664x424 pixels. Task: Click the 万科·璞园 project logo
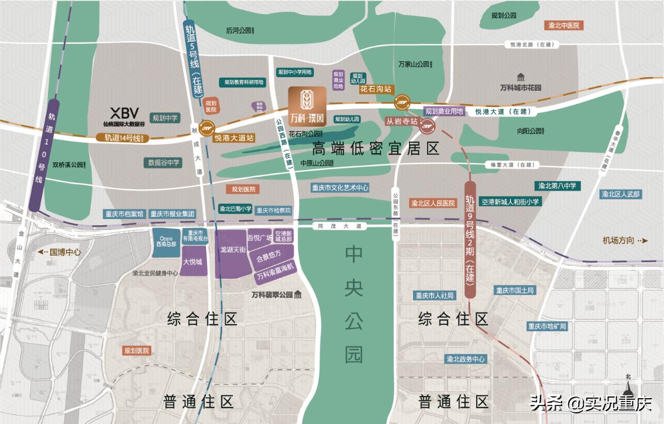tap(307, 105)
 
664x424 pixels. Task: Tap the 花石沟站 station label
tap(376, 89)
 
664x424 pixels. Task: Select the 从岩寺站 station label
tap(402, 121)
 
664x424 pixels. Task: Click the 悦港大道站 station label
tap(234, 137)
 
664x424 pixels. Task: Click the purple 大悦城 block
tap(192, 262)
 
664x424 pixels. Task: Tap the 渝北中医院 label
tap(564, 25)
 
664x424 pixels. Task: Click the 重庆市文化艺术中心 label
tap(340, 188)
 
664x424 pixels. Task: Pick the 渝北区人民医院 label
tap(433, 203)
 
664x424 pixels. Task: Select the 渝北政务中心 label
tap(465, 359)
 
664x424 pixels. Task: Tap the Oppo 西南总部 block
tap(165, 241)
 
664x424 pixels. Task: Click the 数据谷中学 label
tap(164, 162)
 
